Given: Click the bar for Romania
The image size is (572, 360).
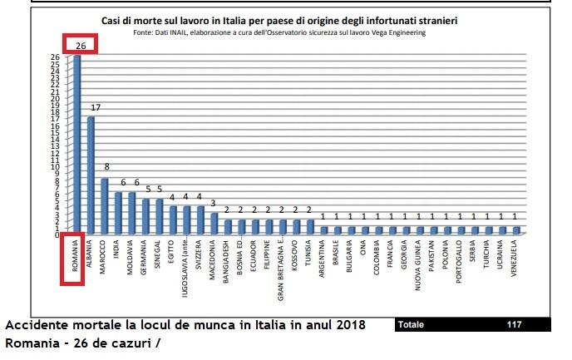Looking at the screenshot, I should tap(77, 145).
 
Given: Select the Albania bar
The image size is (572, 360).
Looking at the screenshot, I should tap(91, 175).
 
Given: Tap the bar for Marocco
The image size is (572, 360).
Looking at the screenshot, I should tap(105, 206).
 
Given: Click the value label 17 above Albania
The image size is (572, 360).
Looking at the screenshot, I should tap(96, 107).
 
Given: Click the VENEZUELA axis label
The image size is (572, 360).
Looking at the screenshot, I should tap(516, 260).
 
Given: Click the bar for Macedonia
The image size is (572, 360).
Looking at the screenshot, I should tap(214, 224).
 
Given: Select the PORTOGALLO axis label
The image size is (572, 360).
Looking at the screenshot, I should tap(461, 262).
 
